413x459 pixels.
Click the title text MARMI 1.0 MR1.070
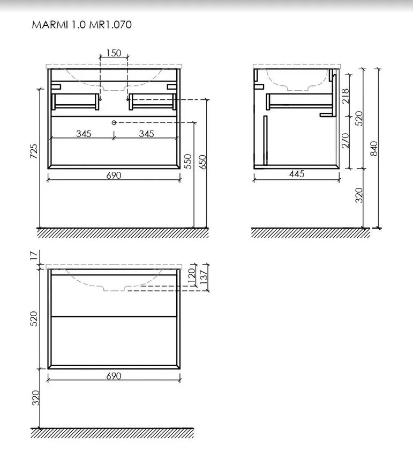tap(82, 25)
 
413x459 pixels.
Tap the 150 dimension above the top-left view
tap(114, 53)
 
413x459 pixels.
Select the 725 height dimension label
tap(34, 151)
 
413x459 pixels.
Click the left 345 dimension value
tap(84, 134)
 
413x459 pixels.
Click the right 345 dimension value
tap(146, 134)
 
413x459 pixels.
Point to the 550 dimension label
tap(188, 161)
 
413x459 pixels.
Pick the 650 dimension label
tap(202, 162)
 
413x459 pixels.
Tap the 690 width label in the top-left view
tap(114, 176)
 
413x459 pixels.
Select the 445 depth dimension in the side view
tap(297, 174)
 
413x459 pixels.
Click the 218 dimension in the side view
tap(346, 96)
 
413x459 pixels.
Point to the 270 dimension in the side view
tap(346, 141)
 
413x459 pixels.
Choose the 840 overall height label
tap(374, 148)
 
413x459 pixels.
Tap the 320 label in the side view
tap(359, 195)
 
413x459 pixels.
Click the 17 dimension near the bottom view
tap(34, 255)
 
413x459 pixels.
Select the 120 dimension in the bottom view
tap(192, 276)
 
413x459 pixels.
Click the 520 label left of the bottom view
tap(34, 319)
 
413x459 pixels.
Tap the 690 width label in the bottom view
tap(114, 376)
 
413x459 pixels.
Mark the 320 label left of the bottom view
tap(35, 398)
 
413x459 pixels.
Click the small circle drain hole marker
tap(114, 122)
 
